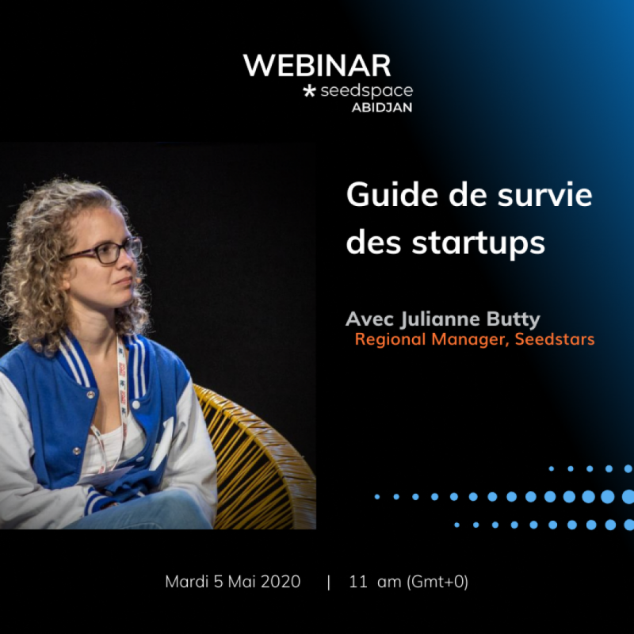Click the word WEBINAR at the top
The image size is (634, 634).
click(317, 66)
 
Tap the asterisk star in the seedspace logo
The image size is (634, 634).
click(310, 92)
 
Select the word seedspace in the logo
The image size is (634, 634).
click(366, 92)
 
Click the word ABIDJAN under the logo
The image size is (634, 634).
click(382, 109)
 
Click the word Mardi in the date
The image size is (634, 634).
click(185, 582)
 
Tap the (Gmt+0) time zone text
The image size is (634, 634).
click(437, 582)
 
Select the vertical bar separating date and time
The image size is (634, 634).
click(329, 582)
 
